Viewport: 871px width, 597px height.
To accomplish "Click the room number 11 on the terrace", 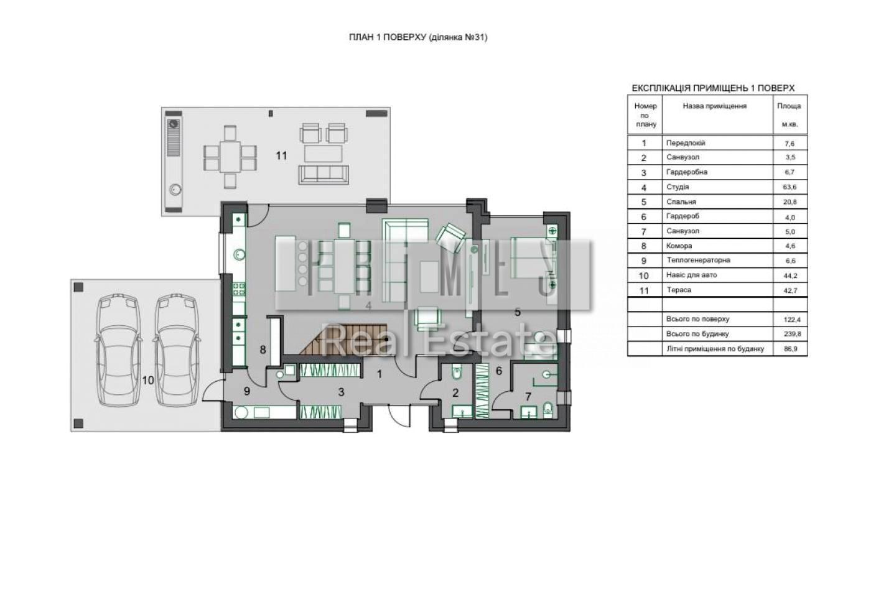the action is point(281,156).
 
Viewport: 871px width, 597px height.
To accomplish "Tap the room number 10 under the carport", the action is point(148,380).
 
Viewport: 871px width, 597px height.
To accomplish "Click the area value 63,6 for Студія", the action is point(789,187).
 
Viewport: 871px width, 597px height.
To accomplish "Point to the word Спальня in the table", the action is point(681,201).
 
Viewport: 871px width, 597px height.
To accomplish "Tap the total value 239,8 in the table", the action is point(790,334).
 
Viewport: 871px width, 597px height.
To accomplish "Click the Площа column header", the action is point(789,106).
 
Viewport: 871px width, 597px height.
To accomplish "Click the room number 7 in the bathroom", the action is point(528,397).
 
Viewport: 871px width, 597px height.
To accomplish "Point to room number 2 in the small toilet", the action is point(455,393).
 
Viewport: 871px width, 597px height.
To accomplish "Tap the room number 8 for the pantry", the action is point(263,349).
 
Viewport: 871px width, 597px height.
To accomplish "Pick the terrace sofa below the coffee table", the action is point(324,175).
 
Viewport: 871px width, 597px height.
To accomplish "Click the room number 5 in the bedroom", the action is point(517,312).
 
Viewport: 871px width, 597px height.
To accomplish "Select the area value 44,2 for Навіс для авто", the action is point(790,276).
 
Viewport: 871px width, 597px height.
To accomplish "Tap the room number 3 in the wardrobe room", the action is point(341,392).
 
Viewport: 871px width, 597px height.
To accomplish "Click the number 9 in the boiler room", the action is point(247,391).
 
